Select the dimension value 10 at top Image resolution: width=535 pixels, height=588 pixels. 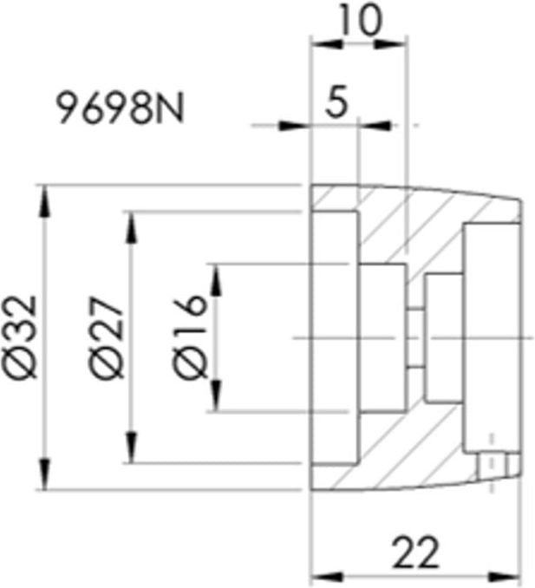coord(360,20)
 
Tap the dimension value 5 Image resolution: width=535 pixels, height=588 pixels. coord(336,101)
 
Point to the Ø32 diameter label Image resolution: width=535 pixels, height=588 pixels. coord(23,336)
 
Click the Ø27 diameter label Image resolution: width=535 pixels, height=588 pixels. coord(107,337)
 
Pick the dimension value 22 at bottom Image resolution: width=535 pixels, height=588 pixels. coord(415,552)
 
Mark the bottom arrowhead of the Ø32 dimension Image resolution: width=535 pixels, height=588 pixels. coord(45,474)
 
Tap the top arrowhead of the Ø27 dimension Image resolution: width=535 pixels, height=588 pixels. coord(131,227)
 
